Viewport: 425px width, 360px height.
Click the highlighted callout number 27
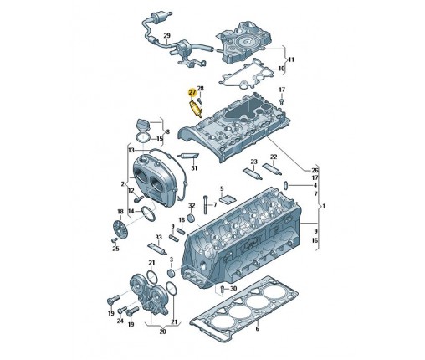point(192,92)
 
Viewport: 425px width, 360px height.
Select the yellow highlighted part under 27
point(196,110)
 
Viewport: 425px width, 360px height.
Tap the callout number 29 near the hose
point(166,36)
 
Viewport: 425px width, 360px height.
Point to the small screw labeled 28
point(200,100)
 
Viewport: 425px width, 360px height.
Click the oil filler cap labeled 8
point(143,125)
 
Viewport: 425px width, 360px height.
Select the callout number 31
point(194,168)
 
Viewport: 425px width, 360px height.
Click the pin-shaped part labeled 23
point(253,173)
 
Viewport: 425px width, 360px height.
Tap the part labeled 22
point(272,168)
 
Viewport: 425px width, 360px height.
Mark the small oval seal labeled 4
point(286,185)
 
